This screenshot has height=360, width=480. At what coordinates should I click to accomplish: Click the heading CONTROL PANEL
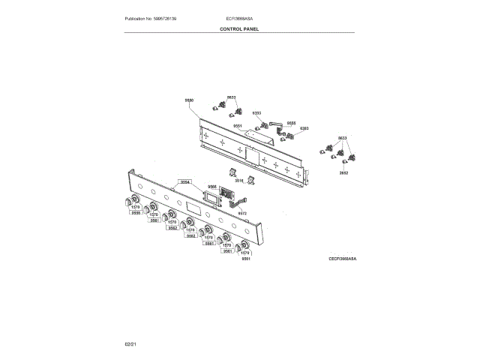[239, 29]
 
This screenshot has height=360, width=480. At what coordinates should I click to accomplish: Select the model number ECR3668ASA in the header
[238, 16]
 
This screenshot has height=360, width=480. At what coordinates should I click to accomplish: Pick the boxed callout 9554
[184, 181]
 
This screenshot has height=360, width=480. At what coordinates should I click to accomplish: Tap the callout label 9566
[211, 187]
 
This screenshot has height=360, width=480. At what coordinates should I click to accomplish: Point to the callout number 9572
[242, 213]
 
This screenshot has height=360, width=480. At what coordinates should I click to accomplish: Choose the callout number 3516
[239, 181]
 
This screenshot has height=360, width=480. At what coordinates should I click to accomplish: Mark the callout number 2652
[343, 172]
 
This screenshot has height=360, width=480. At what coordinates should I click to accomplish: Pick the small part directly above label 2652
[344, 163]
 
